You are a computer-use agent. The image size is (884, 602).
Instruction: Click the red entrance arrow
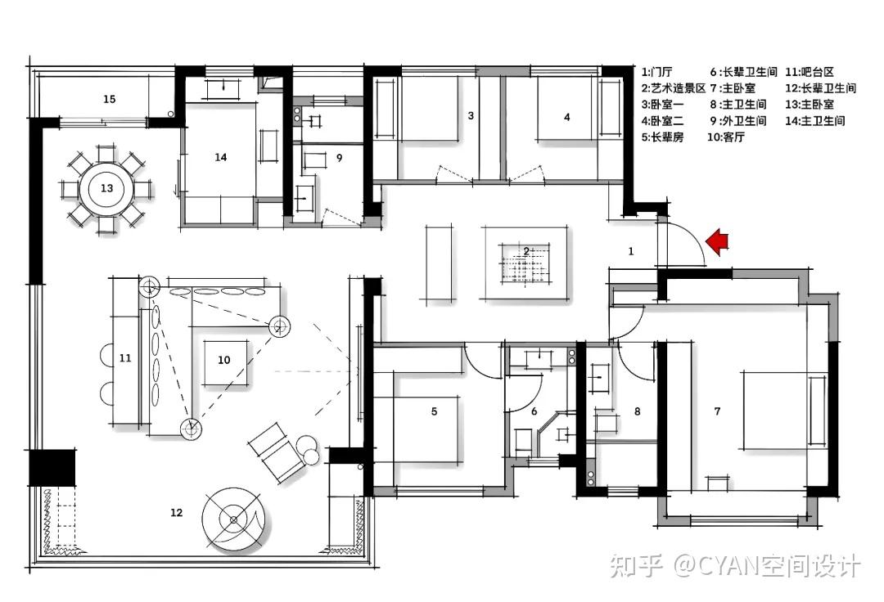718,241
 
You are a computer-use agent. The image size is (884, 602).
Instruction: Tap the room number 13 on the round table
106,188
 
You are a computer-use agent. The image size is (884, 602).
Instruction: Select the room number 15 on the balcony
110,99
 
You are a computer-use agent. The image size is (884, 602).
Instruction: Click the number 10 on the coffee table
223,360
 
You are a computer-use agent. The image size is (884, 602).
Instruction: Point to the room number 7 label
717,411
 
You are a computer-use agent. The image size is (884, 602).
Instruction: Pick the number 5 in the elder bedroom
434,411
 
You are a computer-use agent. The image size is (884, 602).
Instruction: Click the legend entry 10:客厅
726,137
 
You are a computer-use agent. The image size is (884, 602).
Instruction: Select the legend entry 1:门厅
656,72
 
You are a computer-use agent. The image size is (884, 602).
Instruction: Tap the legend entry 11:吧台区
810,72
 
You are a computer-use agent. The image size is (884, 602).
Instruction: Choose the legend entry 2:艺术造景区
674,88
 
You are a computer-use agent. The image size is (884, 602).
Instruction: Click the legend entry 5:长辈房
662,137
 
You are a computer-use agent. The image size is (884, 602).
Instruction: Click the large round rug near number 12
233,519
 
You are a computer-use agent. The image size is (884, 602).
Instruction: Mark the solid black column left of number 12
52,467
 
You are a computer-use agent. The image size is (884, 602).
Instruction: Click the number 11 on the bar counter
125,357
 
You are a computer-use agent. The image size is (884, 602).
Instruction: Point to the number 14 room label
220,157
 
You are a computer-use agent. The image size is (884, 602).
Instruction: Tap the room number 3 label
471,115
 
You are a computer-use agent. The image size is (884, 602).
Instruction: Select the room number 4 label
567,117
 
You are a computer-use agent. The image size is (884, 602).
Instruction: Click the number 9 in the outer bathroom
340,158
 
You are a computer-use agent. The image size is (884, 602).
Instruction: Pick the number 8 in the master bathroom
638,411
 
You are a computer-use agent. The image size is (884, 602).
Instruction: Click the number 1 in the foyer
631,251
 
